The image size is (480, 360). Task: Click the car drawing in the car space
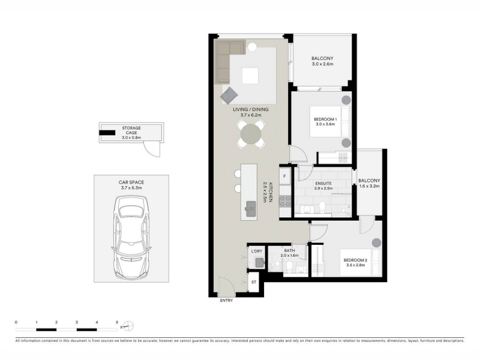point(131,238)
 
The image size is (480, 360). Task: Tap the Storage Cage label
point(131,130)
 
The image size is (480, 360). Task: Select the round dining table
point(251,134)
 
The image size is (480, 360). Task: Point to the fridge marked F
point(284,176)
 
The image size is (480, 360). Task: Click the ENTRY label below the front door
point(226,301)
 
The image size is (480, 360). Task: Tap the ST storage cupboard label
point(254,282)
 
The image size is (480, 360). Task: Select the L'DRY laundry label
point(257,251)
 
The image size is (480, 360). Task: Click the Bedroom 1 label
point(325,119)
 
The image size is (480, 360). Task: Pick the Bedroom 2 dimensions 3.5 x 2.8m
point(355,265)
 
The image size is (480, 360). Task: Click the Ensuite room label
point(323,184)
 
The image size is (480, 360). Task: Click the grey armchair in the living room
point(229,95)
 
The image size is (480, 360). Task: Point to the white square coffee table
point(250,76)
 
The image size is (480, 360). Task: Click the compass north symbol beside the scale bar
point(128,326)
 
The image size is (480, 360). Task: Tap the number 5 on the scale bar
point(117,322)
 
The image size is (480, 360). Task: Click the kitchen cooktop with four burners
point(284,201)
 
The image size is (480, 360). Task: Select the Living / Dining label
point(250,109)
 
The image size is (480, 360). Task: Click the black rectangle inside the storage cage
point(107,133)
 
